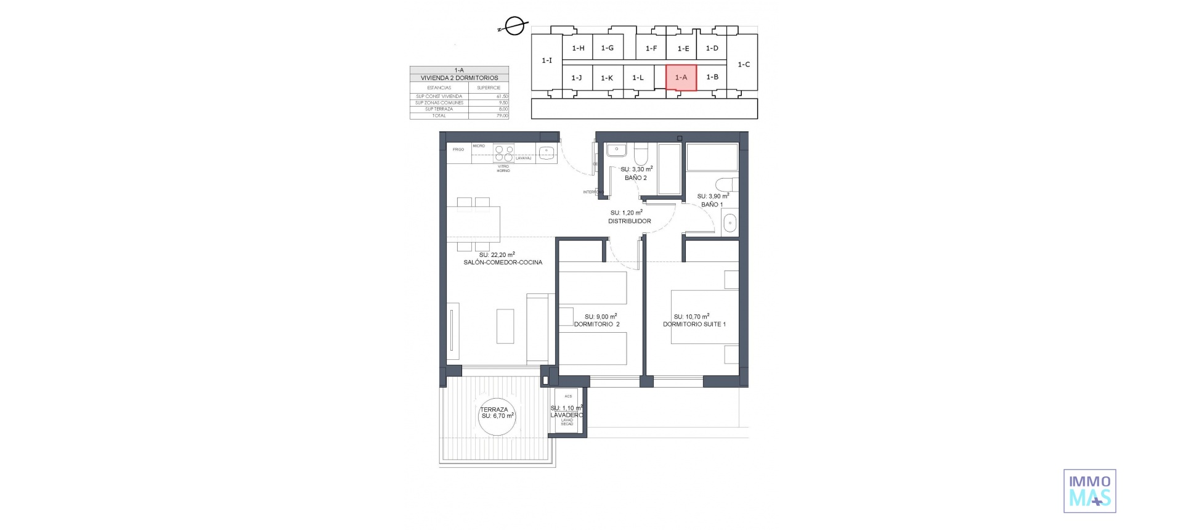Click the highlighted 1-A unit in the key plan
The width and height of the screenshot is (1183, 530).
point(681,78)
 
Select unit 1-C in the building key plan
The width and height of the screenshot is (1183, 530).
point(744,64)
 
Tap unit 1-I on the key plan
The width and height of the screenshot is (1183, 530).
point(547,60)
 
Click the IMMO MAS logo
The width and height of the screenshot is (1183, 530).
point(1089,491)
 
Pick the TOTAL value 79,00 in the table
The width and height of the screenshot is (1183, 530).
point(502,116)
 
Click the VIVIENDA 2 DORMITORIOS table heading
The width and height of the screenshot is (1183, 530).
point(459,78)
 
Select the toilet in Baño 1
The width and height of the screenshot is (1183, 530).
point(727,185)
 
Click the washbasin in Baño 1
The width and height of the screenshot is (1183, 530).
point(730,223)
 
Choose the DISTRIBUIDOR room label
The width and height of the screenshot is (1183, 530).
point(629,221)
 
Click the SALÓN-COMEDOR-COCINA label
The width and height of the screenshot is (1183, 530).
point(503,263)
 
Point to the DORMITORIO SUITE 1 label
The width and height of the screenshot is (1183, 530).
point(694,324)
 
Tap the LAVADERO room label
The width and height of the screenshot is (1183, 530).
point(566,415)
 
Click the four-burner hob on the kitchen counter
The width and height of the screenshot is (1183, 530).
point(504,153)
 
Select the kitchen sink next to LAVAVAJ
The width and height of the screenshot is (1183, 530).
point(546,153)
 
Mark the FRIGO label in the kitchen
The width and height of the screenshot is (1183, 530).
point(458,150)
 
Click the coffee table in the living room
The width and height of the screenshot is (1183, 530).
point(505,325)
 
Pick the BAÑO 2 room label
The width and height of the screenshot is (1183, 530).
point(635,178)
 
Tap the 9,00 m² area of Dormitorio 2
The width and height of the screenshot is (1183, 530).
point(600,317)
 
